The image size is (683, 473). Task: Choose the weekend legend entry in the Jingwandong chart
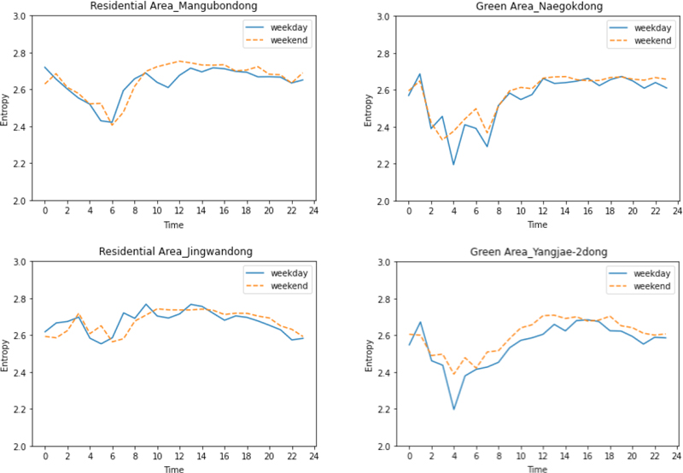point(289,285)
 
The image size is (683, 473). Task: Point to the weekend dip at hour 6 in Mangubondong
point(112,126)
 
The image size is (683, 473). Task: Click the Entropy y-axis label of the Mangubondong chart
point(7,108)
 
